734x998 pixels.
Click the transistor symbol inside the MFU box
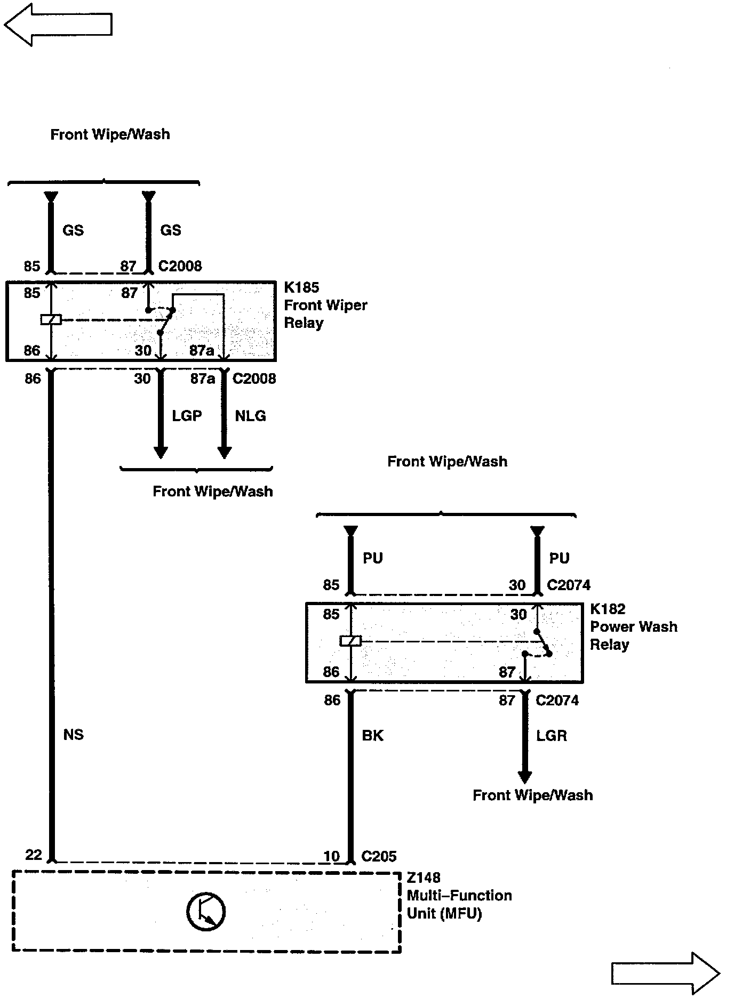206,912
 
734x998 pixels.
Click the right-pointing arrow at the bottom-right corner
665,973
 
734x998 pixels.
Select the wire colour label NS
73,735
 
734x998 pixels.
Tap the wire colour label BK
372,736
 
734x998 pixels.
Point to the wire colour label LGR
551,736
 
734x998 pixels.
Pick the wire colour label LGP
187,416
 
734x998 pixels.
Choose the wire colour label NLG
250,416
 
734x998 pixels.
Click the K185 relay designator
301,288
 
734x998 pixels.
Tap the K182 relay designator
608,609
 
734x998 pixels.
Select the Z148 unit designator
424,878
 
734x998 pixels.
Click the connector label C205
379,856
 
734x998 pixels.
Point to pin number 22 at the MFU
34,855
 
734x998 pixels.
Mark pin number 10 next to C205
331,856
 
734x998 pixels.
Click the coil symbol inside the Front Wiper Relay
51,320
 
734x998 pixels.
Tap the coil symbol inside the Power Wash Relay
350,641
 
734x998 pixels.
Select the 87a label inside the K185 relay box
202,350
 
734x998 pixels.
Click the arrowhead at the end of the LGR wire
525,777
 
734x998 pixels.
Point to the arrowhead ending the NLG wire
225,452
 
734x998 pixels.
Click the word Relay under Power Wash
609,645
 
